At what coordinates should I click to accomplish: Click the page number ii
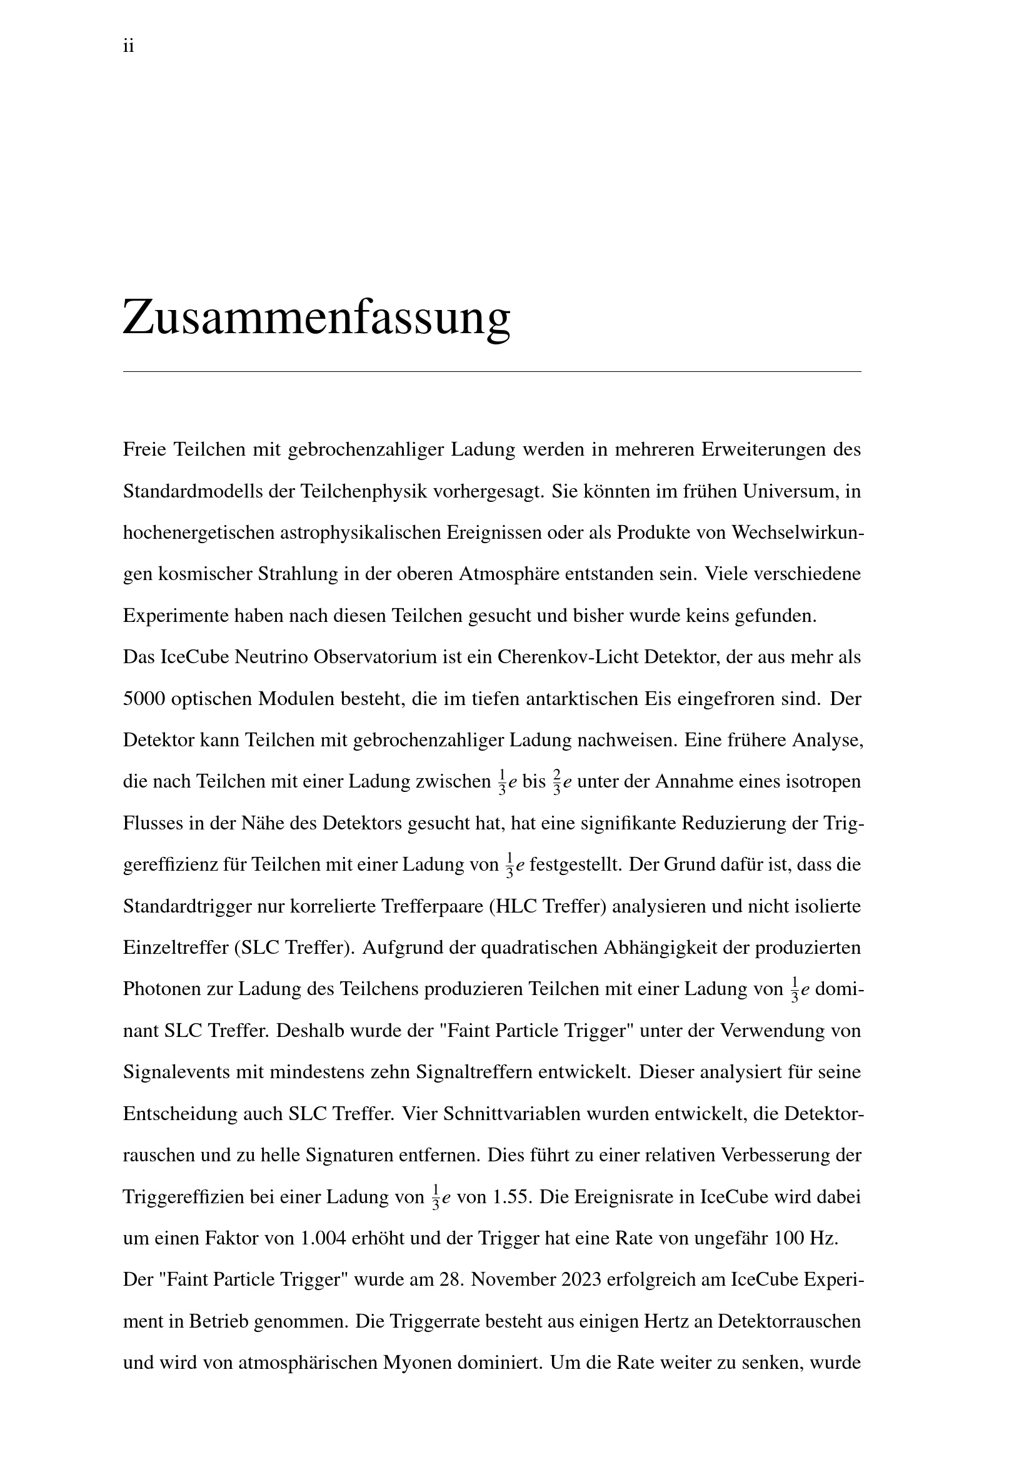coord(128,46)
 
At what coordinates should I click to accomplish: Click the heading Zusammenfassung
coord(316,317)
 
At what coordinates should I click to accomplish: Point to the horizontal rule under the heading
coord(491,371)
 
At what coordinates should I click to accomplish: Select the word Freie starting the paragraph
coord(144,449)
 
